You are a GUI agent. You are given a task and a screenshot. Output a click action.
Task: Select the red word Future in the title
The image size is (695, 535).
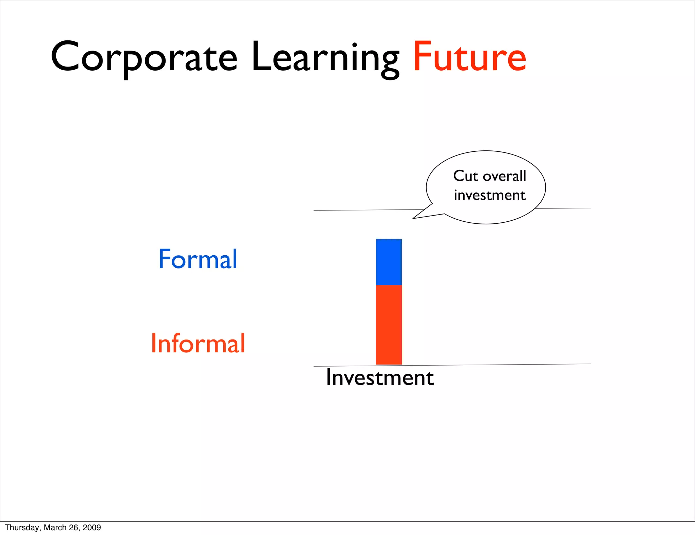pos(469,57)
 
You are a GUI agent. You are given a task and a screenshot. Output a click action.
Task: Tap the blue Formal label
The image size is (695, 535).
pos(198,259)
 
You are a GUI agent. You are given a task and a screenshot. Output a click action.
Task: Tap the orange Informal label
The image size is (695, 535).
pos(198,344)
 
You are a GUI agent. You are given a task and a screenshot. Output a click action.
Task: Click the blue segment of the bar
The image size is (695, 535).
pos(389,262)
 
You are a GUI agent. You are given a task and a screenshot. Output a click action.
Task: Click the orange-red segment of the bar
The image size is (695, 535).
pos(389,325)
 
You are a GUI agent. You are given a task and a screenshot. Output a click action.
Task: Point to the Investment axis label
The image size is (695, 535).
pos(380,377)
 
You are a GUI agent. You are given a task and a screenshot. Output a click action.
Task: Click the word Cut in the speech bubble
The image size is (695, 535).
pos(466,176)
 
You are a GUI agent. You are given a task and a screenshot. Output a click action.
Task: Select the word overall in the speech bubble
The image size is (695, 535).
pos(504,176)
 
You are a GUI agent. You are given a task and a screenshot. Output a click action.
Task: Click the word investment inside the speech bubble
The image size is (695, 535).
pos(490,195)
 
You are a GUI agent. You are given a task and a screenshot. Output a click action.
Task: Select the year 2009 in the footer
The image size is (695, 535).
pos(92,528)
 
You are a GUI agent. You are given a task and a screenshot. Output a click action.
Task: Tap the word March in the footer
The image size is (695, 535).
pos(55,528)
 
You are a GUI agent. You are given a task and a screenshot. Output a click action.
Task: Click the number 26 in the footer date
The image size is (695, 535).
pos(74,528)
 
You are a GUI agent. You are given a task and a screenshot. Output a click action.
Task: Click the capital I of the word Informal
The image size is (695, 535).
pos(153,343)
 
